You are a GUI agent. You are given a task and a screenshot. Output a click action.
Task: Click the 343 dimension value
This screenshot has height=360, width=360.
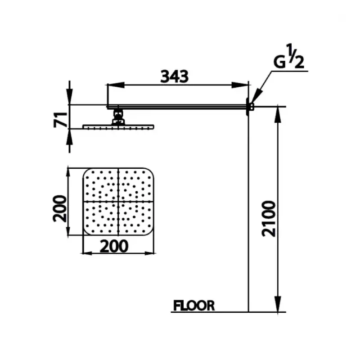[175, 76]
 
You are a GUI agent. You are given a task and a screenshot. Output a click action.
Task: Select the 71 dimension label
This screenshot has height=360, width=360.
[60, 119]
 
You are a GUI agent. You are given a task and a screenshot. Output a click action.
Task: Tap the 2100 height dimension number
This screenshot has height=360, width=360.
[268, 219]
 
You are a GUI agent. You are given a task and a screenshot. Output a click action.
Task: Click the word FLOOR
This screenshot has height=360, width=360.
[194, 306]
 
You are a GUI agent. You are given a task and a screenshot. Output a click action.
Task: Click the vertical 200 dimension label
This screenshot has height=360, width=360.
[60, 208]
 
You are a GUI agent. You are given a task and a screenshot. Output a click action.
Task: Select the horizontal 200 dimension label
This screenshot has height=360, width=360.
[114, 246]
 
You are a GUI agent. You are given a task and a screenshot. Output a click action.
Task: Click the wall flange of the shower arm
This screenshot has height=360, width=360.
[247, 107]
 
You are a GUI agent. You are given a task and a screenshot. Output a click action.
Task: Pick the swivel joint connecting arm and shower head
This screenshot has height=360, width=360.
[118, 117]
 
